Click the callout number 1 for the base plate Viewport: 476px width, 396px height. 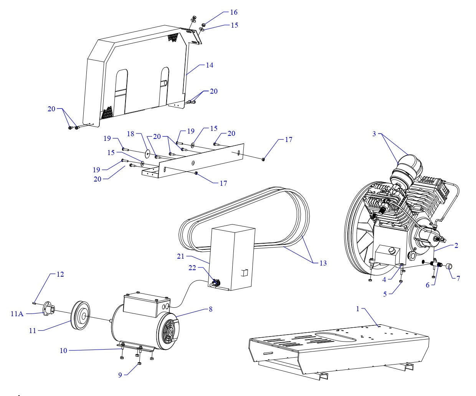point(358,309)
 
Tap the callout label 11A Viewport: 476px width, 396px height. point(17,314)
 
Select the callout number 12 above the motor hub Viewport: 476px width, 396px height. point(59,274)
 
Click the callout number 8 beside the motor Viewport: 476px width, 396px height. point(211,309)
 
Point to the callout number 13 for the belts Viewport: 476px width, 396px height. point(323,263)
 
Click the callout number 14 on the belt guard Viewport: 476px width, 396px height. point(209,65)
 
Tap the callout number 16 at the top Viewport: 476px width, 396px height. point(234,12)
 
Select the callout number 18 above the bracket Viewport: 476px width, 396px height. point(131,134)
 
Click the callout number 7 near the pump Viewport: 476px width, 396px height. point(458,278)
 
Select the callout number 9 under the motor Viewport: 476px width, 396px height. point(120,375)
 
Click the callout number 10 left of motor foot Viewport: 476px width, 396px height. point(63,350)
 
